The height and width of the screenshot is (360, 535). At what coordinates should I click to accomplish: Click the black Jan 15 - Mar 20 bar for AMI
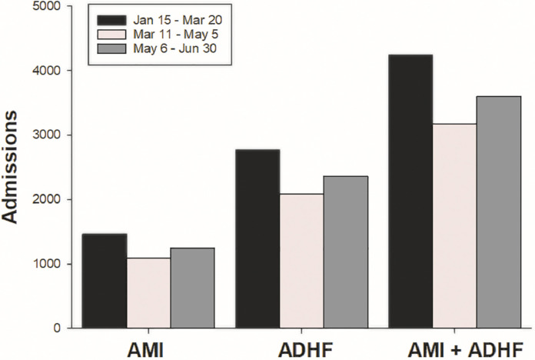104,281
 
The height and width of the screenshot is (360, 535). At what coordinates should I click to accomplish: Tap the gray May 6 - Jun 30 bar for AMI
192,288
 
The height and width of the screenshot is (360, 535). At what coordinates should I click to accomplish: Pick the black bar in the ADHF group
258,238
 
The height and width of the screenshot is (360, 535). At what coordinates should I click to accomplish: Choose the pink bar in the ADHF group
301,261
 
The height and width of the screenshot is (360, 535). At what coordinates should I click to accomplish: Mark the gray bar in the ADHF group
346,252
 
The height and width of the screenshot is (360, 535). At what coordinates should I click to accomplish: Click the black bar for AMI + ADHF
410,192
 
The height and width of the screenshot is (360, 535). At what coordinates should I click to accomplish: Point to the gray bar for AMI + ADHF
499,212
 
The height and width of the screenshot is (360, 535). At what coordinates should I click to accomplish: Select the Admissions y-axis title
13,168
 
